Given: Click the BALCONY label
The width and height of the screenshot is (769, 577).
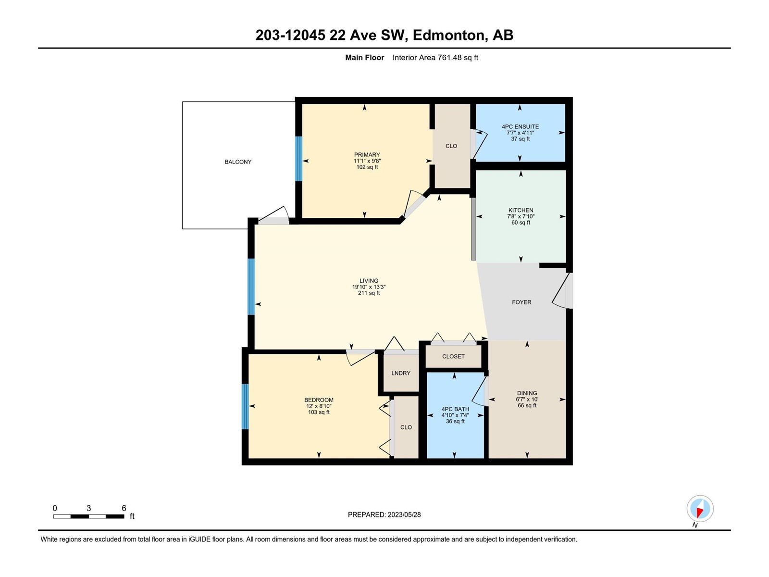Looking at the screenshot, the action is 238,162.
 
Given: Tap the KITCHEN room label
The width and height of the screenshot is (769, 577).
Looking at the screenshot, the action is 521,210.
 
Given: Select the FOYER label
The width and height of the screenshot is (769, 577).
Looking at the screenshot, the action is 521,302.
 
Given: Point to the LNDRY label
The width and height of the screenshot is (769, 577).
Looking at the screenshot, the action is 401,373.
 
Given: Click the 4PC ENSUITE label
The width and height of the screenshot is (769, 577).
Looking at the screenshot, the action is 520,126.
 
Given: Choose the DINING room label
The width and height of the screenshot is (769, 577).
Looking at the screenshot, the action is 527,393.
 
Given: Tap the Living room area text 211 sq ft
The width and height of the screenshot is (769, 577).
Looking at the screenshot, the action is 369,293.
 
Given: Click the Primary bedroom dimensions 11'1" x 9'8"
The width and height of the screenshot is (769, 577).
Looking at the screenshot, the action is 367,161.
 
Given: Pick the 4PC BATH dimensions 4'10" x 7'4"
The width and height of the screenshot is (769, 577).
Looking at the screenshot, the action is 455,415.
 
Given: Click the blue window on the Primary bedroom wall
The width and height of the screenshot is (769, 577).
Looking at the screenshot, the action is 298,159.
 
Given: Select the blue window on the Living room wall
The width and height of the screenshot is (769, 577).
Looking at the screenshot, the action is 251,287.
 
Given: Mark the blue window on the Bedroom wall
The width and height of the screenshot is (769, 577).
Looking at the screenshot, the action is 245,406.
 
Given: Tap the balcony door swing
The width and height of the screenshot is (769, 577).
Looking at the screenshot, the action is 274,214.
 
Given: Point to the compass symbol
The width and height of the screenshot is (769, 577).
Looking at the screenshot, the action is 700,509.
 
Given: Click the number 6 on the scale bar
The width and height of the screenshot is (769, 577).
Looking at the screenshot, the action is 124,508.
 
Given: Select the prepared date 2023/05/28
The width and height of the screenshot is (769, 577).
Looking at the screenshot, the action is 404,514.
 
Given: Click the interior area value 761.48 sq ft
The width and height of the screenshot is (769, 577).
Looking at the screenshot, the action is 458,57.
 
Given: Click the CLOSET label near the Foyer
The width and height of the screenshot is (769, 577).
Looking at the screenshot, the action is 453,356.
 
